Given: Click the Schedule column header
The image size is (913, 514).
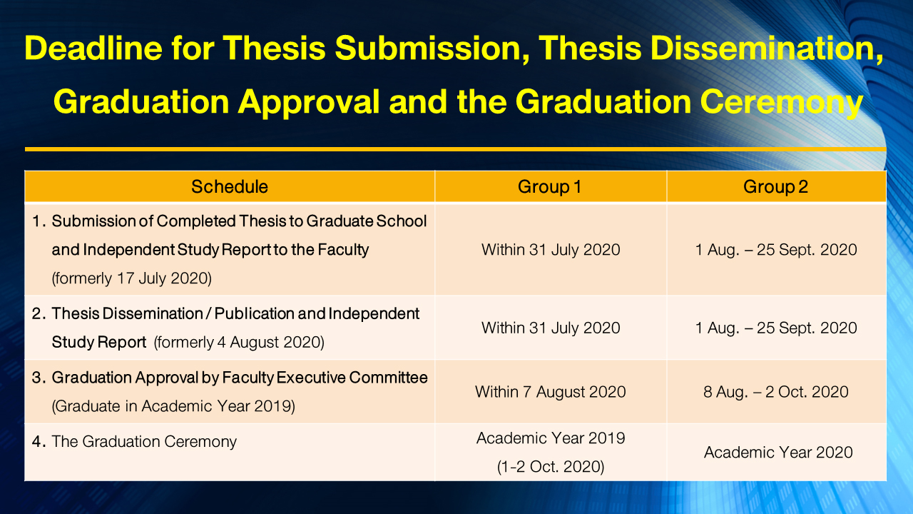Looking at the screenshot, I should point(230,187).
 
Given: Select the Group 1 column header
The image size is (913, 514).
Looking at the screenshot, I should point(550,187).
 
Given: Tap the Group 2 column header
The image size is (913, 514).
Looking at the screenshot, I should point(776,187).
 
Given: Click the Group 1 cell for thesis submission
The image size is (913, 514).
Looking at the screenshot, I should point(551,250).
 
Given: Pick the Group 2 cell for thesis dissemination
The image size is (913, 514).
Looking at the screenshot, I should point(776,328).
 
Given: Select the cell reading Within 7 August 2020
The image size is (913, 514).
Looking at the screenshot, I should point(551,392).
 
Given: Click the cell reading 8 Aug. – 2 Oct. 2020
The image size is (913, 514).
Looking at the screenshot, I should point(776,392).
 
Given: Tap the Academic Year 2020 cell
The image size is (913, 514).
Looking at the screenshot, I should point(778,453).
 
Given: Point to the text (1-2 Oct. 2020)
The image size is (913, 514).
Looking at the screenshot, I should point(551,468).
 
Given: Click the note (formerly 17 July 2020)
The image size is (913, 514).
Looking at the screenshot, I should point(132,278).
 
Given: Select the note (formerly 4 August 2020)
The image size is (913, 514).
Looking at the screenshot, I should point(239,343).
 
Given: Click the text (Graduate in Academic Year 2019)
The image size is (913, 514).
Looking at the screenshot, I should point(173,407).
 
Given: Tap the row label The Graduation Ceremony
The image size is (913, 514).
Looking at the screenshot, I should point(144,442).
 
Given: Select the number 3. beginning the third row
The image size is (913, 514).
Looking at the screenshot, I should point(39,378).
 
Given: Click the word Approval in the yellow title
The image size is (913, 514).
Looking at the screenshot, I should point(308,102).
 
